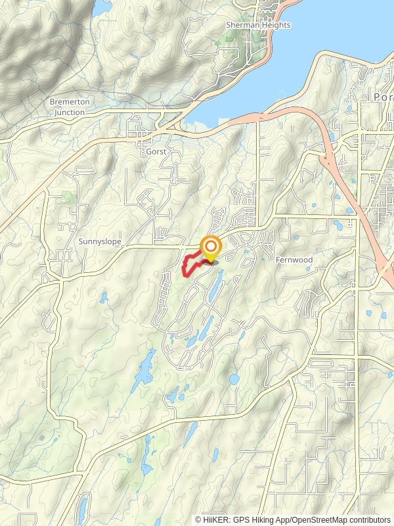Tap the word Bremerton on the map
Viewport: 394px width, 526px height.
[69, 102]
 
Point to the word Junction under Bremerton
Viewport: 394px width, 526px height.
[69, 112]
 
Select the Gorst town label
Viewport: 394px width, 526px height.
[156, 151]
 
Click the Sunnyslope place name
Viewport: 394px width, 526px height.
[100, 242]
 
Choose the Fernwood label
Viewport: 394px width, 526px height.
[294, 260]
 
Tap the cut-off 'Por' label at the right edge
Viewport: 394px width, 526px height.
[382, 97]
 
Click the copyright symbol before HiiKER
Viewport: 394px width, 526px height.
[198, 519]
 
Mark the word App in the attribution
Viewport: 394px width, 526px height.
[284, 519]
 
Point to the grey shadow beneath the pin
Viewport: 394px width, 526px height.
[212, 262]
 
